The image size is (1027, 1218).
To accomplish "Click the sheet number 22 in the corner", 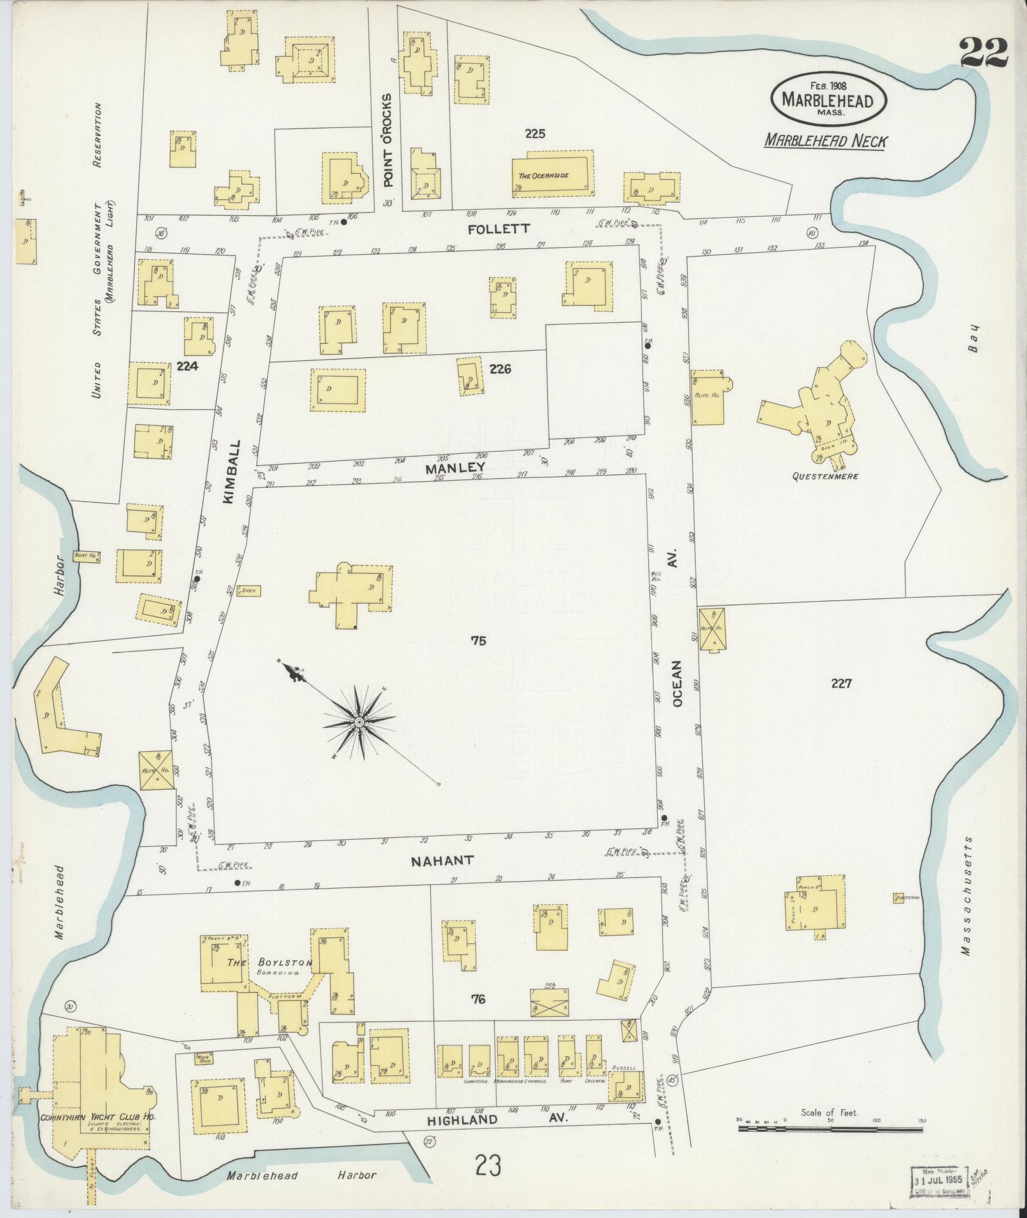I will (x=983, y=52).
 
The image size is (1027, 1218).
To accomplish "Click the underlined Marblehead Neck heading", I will (x=825, y=141).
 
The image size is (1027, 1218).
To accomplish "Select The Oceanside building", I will (x=553, y=174).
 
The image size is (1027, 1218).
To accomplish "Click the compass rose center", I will (x=359, y=722).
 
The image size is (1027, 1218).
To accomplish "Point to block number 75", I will (x=478, y=641).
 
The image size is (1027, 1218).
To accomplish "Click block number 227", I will (x=841, y=683).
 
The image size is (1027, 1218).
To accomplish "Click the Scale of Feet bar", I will (x=830, y=1128).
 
